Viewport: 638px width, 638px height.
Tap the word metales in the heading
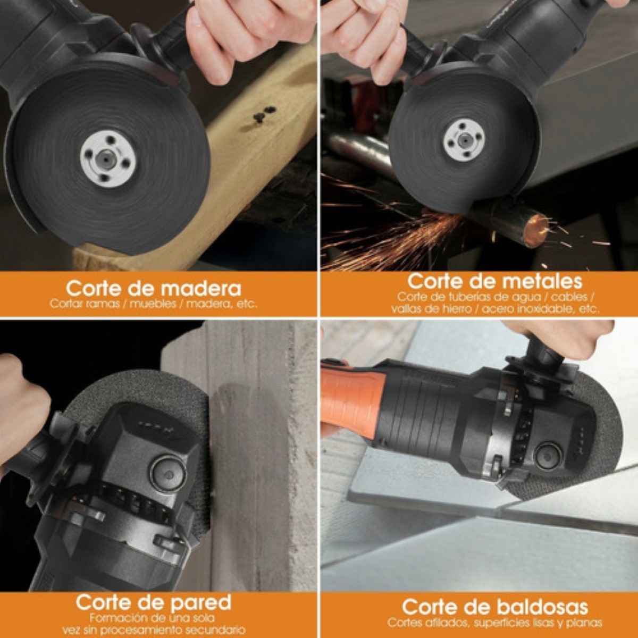(x=542, y=281)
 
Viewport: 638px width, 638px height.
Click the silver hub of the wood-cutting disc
(x=108, y=159)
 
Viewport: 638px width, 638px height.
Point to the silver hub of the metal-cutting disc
(x=464, y=139)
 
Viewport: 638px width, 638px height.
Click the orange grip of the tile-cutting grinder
(x=352, y=401)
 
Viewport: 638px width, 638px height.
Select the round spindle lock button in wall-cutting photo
(x=169, y=474)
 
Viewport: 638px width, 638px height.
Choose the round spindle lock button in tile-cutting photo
(x=549, y=457)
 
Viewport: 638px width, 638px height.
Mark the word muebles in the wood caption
(x=153, y=304)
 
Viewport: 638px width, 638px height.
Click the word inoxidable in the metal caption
(x=545, y=309)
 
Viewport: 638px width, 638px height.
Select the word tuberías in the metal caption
(x=467, y=297)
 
